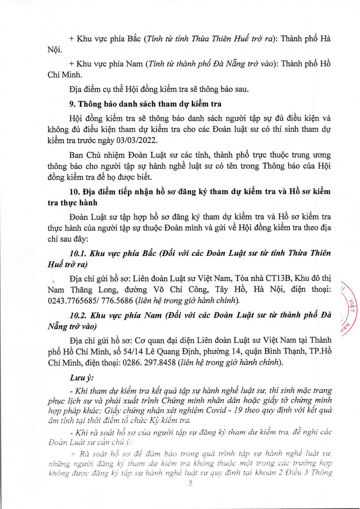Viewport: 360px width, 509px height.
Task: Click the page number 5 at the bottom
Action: point(191,483)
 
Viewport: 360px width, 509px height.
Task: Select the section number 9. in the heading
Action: point(73,104)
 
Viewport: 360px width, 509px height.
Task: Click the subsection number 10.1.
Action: point(79,253)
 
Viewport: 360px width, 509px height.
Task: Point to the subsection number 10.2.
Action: point(79,315)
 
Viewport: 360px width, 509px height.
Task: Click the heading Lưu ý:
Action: point(82,378)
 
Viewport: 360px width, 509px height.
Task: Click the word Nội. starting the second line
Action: point(55,50)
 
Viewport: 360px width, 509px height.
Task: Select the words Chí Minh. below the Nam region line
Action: point(65,75)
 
